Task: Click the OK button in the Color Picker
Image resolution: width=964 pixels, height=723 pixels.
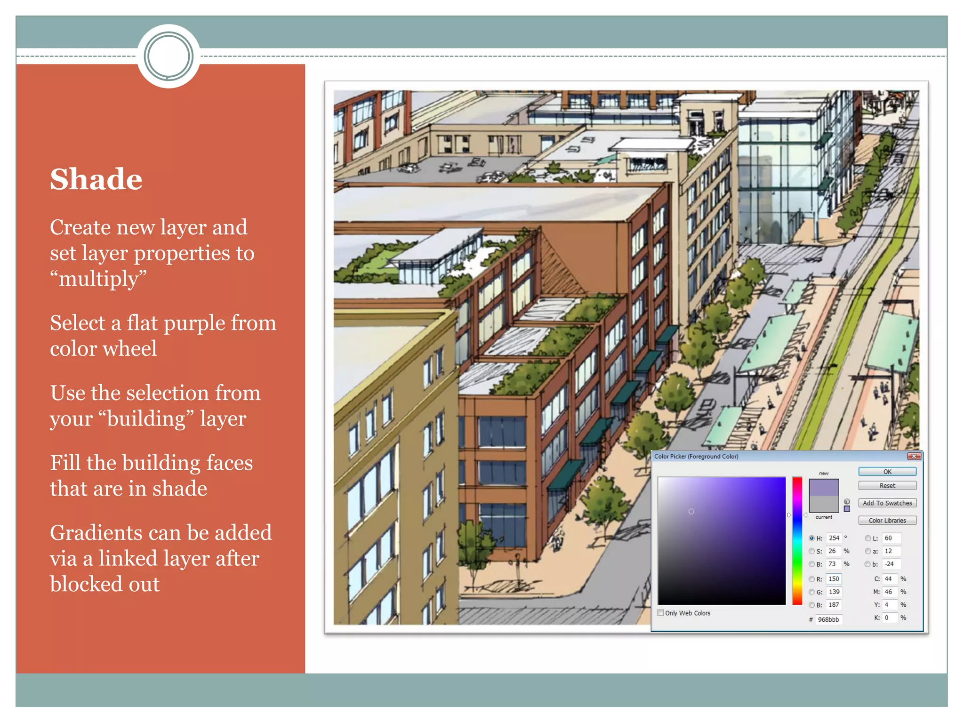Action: click(x=887, y=472)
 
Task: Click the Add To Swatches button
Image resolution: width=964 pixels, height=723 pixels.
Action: click(x=887, y=503)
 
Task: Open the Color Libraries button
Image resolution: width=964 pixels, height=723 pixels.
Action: click(x=887, y=521)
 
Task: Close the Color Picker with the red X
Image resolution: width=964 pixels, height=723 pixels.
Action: click(x=914, y=456)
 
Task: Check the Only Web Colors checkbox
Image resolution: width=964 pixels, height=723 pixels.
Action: click(x=661, y=613)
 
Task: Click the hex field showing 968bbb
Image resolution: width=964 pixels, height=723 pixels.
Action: click(x=828, y=619)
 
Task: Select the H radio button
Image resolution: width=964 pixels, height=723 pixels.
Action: click(x=811, y=538)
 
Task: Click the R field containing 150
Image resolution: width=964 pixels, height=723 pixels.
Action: click(x=834, y=579)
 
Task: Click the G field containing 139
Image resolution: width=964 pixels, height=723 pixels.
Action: click(x=834, y=592)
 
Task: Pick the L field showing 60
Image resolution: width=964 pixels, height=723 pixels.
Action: click(x=891, y=538)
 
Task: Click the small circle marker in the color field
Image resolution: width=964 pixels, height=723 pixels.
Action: click(x=691, y=512)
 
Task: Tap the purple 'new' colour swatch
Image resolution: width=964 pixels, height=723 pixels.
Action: click(x=823, y=487)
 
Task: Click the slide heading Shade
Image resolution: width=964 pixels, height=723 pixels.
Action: click(x=96, y=179)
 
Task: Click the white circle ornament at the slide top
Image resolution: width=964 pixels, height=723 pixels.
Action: click(x=169, y=56)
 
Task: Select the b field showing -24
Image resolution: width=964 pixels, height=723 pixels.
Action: click(x=891, y=564)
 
